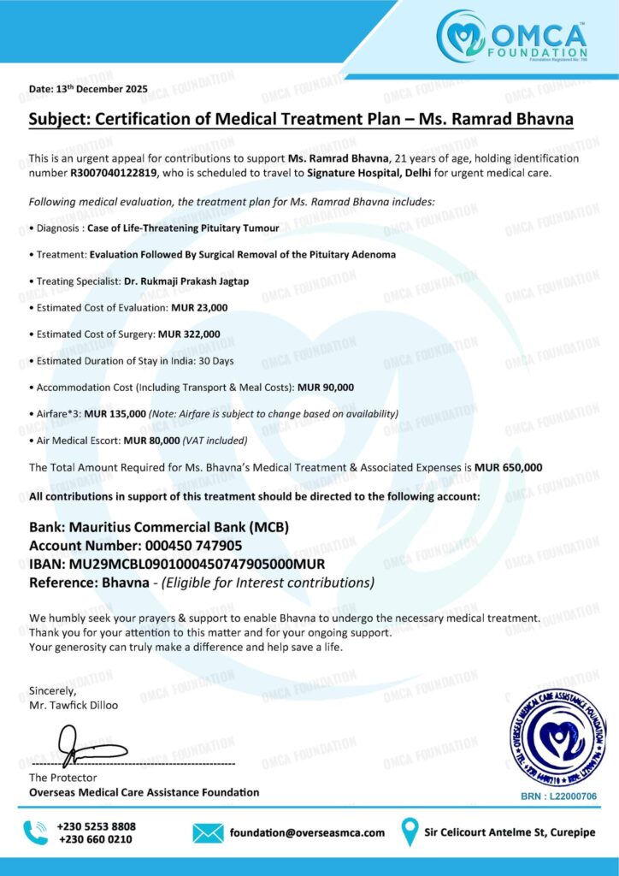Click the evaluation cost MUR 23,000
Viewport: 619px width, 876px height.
[x=199, y=307]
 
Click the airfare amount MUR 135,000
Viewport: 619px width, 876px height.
[x=115, y=413]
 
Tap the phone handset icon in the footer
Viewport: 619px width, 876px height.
[x=36, y=832]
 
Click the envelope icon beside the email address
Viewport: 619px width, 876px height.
[x=208, y=832]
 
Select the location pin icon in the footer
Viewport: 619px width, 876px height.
[x=410, y=832]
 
